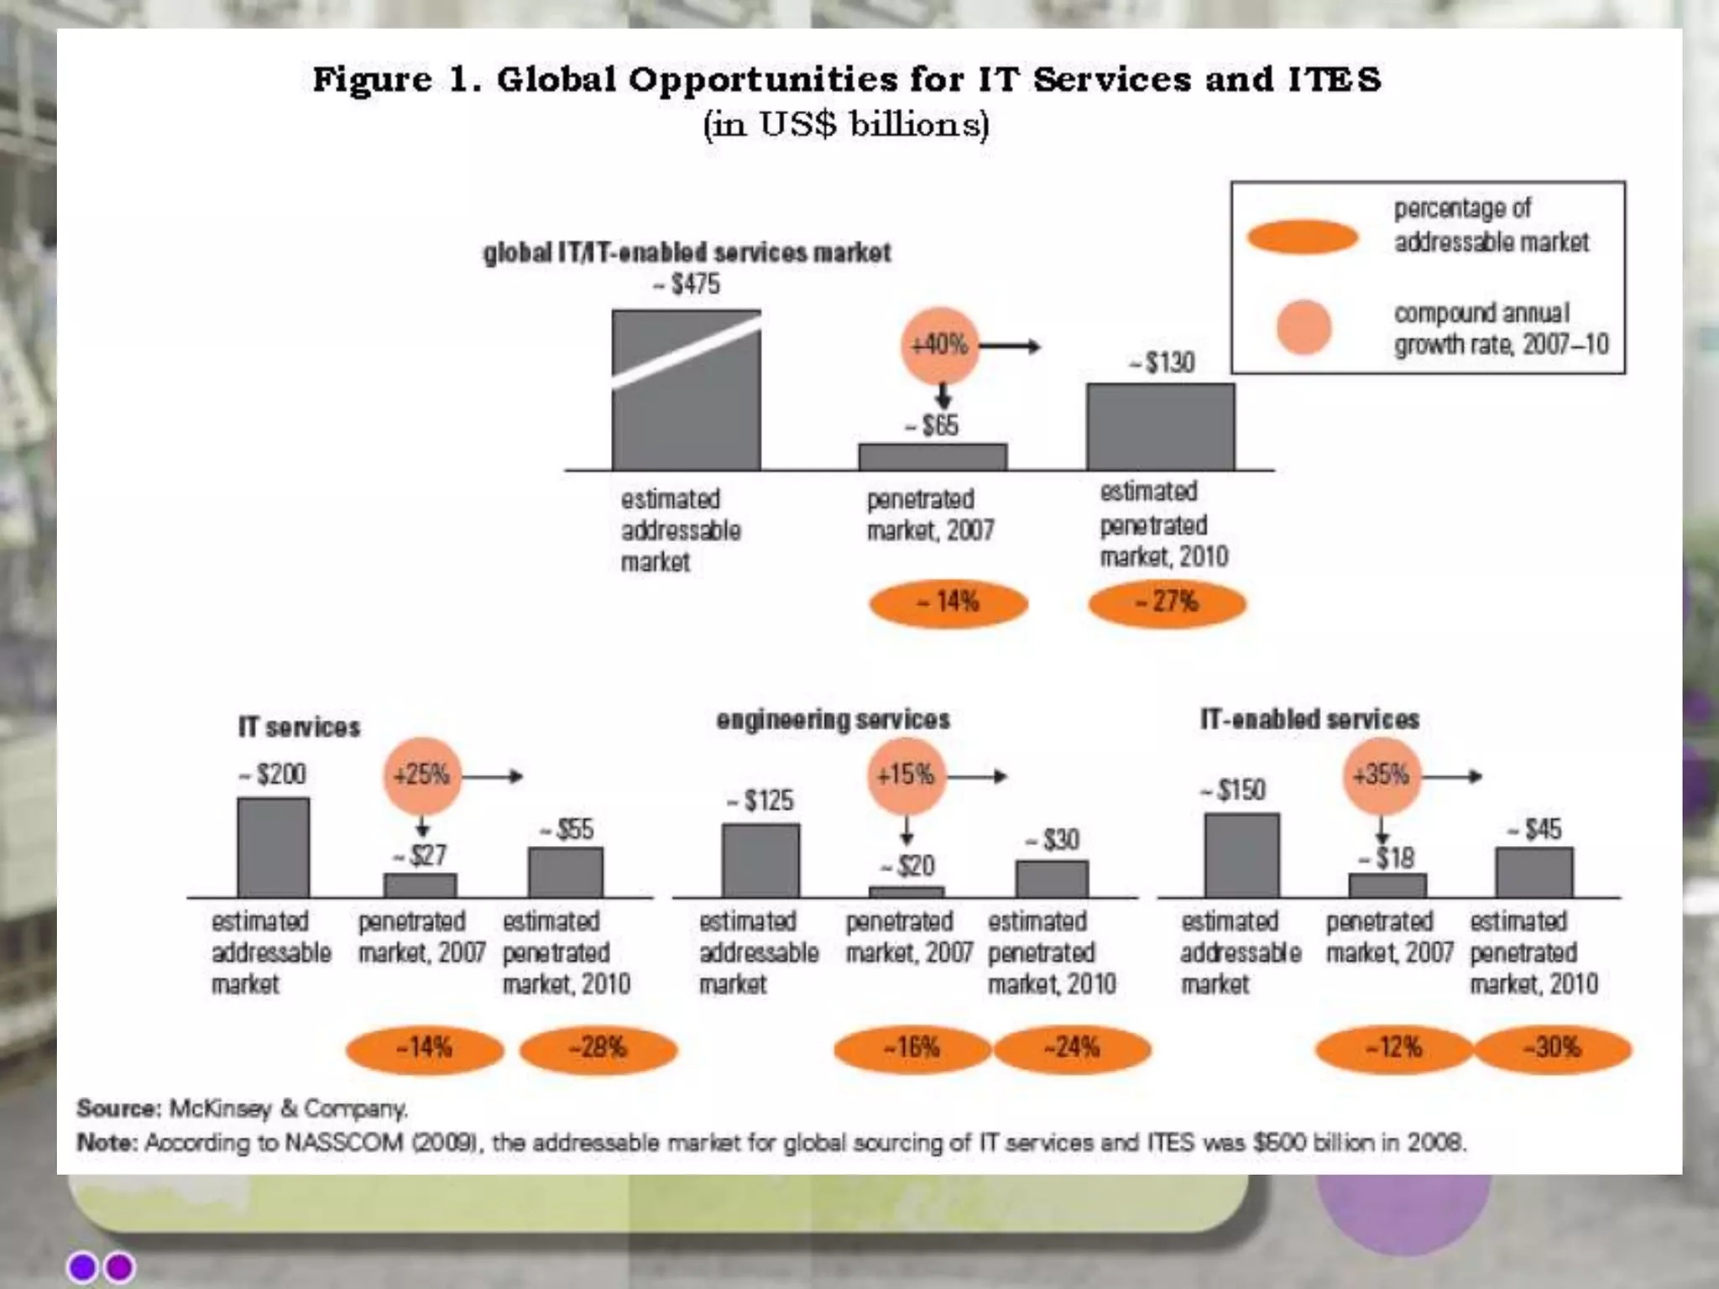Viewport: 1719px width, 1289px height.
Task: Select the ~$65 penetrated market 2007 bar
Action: coord(933,457)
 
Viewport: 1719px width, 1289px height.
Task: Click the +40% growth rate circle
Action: coord(940,345)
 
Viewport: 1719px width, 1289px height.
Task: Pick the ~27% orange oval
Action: coord(1167,603)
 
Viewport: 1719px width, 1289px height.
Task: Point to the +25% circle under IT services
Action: coord(422,775)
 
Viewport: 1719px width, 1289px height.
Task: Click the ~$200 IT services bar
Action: coord(274,848)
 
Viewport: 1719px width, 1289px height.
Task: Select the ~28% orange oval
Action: coord(598,1048)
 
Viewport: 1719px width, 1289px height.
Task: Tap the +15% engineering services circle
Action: coord(906,775)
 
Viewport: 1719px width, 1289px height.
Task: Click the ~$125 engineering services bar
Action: coord(760,860)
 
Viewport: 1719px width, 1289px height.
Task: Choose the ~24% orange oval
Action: coord(1073,1048)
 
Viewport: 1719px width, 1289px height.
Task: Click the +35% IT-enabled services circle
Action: coord(1382,775)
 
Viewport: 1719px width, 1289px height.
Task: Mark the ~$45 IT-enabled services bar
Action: coord(1534,873)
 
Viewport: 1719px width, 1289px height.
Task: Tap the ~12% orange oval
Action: coord(1394,1048)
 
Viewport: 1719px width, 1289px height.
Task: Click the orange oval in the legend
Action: coord(1303,237)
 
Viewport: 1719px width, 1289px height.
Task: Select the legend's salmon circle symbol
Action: coord(1304,326)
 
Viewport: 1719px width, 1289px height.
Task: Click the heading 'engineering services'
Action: coord(833,720)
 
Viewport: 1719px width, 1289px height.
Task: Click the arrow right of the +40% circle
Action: coord(1011,346)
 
